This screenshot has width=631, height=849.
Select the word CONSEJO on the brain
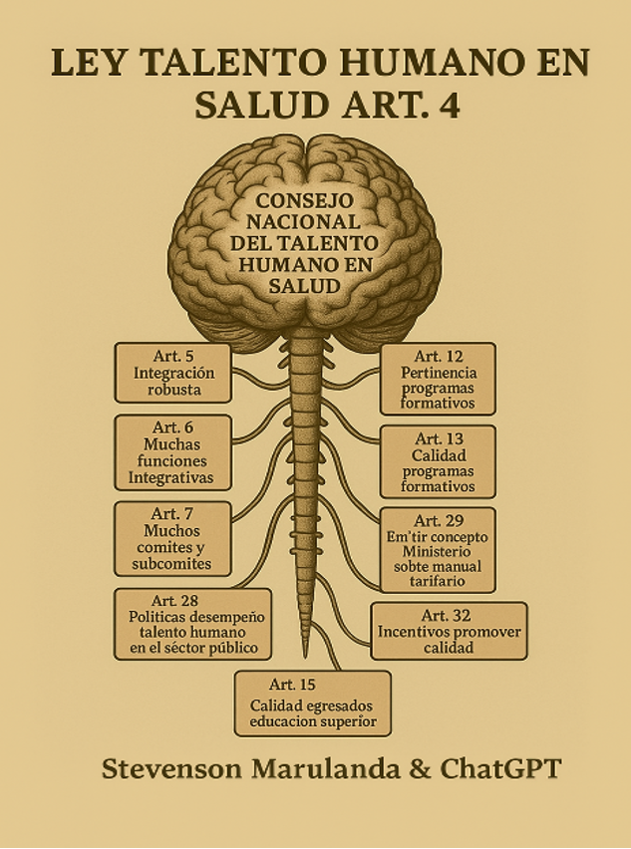[304, 201]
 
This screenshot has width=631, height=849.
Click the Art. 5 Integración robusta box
[173, 373]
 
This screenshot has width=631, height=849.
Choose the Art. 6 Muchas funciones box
[172, 452]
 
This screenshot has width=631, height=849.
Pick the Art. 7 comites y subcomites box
[172, 539]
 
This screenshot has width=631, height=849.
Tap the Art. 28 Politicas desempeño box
[192, 624]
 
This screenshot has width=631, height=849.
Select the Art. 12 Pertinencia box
[438, 379]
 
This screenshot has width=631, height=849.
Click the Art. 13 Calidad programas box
[438, 461]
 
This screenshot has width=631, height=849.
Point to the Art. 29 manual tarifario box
[438, 550]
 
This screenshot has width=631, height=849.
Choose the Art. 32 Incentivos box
[449, 631]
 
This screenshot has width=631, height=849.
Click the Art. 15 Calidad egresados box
[313, 704]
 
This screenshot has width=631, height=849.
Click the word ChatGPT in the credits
[500, 769]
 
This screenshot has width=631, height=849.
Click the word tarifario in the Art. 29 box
[438, 581]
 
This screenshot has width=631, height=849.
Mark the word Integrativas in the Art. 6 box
[170, 478]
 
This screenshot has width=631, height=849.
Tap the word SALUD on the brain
[304, 286]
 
